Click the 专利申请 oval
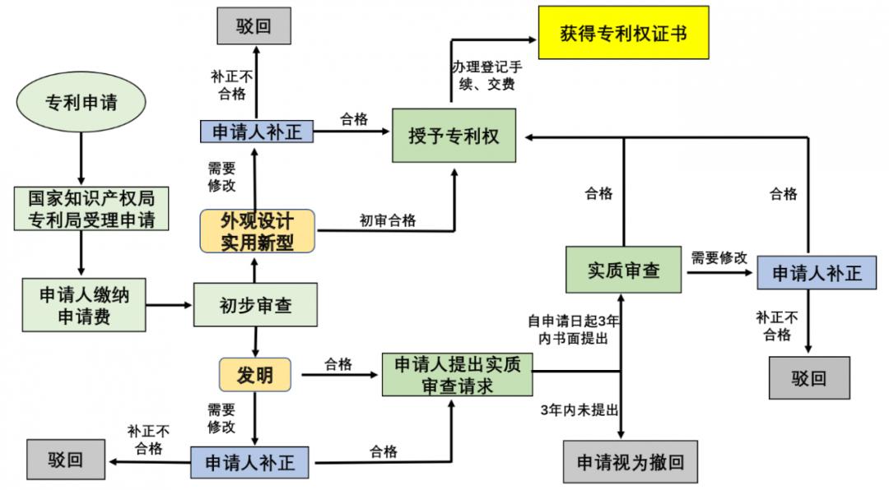tap(81, 102)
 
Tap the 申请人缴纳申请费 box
tap(84, 304)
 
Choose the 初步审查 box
tap(255, 304)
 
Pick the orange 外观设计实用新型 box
tap(257, 231)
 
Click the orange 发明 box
tap(255, 375)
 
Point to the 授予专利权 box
tap(454, 136)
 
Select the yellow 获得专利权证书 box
tap(623, 33)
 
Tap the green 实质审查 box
tap(624, 270)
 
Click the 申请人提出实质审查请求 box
tap(458, 374)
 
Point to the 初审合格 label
tap(388, 220)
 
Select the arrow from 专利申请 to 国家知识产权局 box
tap(81, 156)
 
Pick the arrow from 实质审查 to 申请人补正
tap(718, 270)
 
